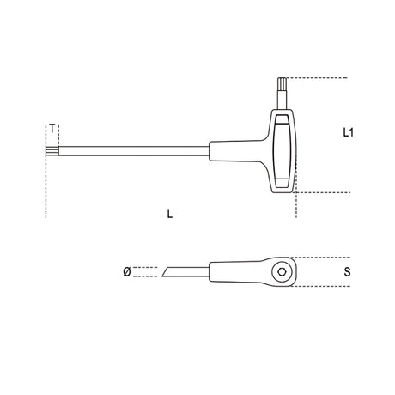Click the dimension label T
pos(53,128)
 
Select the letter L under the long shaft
pos(170,216)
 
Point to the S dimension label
pos(346,272)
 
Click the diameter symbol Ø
pos(126,271)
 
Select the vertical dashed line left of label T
pos(44,172)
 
